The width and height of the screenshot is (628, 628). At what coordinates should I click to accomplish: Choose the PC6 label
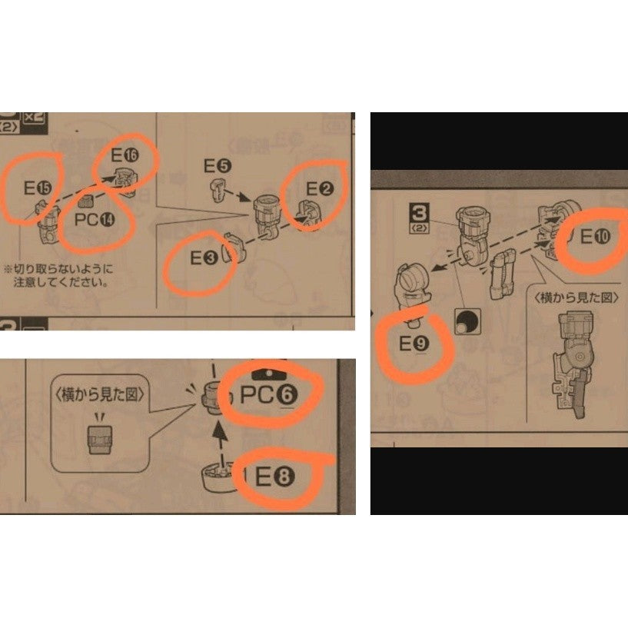pyautogui.click(x=268, y=395)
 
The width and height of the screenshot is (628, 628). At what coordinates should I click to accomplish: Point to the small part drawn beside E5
pyautogui.click(x=218, y=187)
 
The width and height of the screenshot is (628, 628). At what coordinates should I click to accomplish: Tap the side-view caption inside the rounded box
pyautogui.click(x=100, y=393)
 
